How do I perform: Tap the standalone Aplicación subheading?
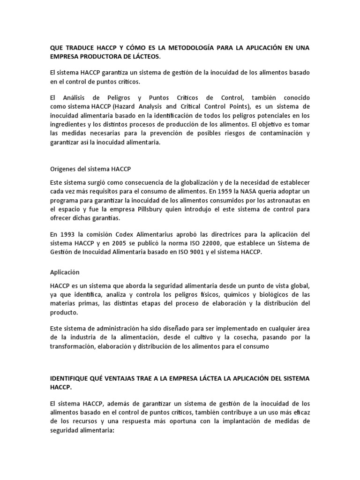coord(65,272)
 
